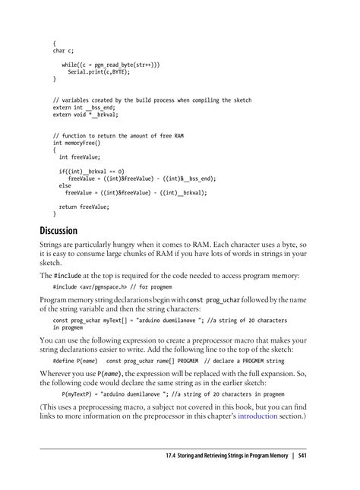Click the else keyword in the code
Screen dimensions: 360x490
click(65, 185)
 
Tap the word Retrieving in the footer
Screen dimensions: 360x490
click(191, 456)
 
